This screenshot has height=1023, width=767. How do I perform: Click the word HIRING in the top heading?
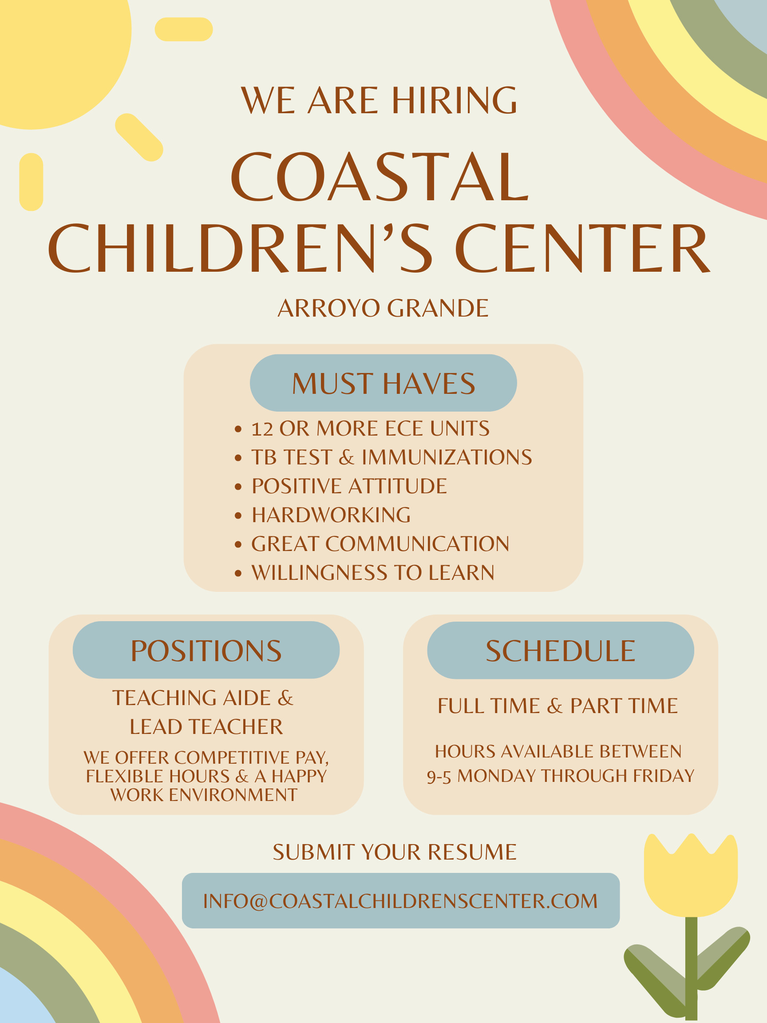(455, 100)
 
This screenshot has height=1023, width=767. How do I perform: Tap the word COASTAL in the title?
(380, 177)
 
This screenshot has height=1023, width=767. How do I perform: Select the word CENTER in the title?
(583, 248)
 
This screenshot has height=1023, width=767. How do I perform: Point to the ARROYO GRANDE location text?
(383, 308)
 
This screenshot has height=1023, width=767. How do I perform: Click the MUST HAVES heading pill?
(383, 383)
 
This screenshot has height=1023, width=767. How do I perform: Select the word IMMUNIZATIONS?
(447, 457)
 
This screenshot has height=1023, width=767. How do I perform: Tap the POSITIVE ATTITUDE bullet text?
(349, 486)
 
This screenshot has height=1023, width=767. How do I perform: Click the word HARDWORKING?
(331, 515)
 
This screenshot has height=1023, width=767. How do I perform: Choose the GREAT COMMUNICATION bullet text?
(380, 544)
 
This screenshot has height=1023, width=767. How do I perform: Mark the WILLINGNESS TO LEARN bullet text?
(373, 572)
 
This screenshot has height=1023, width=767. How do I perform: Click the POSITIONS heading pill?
(206, 650)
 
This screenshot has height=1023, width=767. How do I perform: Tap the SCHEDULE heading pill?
(560, 650)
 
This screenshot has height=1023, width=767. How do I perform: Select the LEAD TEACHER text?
(206, 727)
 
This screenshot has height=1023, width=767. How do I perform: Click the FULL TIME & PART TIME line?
(557, 706)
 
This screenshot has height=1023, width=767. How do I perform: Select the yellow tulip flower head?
(691, 875)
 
